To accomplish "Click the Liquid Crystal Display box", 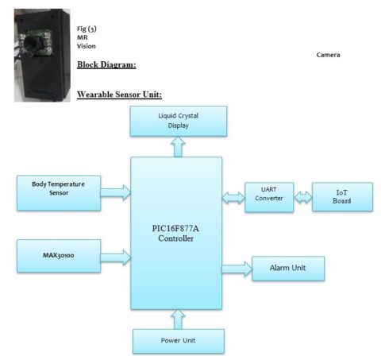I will coord(179,120).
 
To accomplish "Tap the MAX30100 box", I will coord(59,256).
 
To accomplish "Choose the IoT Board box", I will coord(343,196).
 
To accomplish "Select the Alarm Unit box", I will coord(287,269).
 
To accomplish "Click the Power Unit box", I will coord(179,341).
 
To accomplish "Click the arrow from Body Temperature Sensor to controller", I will coord(117,190).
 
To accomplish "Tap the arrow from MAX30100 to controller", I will coord(117,256).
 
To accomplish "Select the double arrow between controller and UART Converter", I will coord(234,197).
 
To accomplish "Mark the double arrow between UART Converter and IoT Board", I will coord(303,197).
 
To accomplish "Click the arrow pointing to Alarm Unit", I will coord(236,269).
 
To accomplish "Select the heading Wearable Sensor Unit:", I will coord(119,95).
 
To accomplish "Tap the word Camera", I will coord(328,55).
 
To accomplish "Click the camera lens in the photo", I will coord(33,37).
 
